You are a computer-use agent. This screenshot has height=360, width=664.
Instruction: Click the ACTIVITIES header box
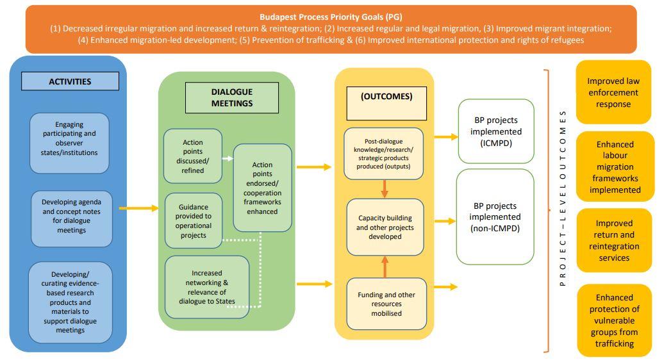point(70,81)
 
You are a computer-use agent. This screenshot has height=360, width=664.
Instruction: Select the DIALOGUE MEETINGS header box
point(232,98)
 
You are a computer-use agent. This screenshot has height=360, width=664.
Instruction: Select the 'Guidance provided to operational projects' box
point(194,220)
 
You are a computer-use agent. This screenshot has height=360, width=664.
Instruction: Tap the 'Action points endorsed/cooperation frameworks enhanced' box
point(262,188)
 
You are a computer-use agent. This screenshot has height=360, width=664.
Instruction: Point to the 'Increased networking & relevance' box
point(206,286)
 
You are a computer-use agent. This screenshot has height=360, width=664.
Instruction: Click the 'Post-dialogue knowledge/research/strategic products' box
point(385,154)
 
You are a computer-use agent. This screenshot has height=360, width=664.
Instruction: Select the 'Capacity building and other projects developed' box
point(385,227)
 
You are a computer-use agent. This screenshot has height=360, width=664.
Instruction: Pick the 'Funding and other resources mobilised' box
point(386,304)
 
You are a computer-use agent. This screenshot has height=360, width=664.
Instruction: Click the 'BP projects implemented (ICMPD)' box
point(495,131)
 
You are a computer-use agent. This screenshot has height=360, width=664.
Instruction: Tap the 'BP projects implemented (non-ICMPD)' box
point(495,217)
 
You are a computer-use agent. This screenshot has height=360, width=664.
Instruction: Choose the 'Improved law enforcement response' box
point(613,93)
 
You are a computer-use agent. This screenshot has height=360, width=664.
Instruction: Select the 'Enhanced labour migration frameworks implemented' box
point(615,167)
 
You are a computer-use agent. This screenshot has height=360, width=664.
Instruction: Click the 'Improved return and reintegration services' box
point(614,240)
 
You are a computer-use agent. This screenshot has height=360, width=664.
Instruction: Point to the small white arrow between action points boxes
point(228,158)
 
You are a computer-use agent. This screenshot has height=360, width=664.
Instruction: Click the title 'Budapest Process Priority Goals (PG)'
point(331,17)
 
